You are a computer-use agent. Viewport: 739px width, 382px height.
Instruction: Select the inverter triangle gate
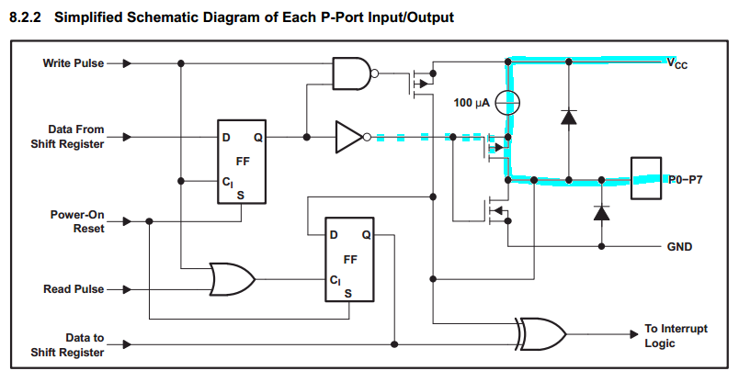(x=350, y=138)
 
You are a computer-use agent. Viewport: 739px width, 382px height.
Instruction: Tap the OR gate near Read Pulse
(x=232, y=279)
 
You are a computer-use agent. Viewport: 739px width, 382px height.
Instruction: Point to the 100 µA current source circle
(x=508, y=102)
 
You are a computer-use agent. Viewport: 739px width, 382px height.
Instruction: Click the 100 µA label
(x=472, y=102)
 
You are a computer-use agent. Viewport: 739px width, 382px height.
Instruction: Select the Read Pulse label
(x=74, y=289)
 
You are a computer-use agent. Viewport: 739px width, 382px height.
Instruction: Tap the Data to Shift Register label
(x=76, y=344)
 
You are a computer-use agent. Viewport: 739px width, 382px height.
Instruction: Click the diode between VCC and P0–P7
(x=569, y=118)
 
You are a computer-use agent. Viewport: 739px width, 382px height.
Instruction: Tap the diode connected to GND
(x=602, y=213)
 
